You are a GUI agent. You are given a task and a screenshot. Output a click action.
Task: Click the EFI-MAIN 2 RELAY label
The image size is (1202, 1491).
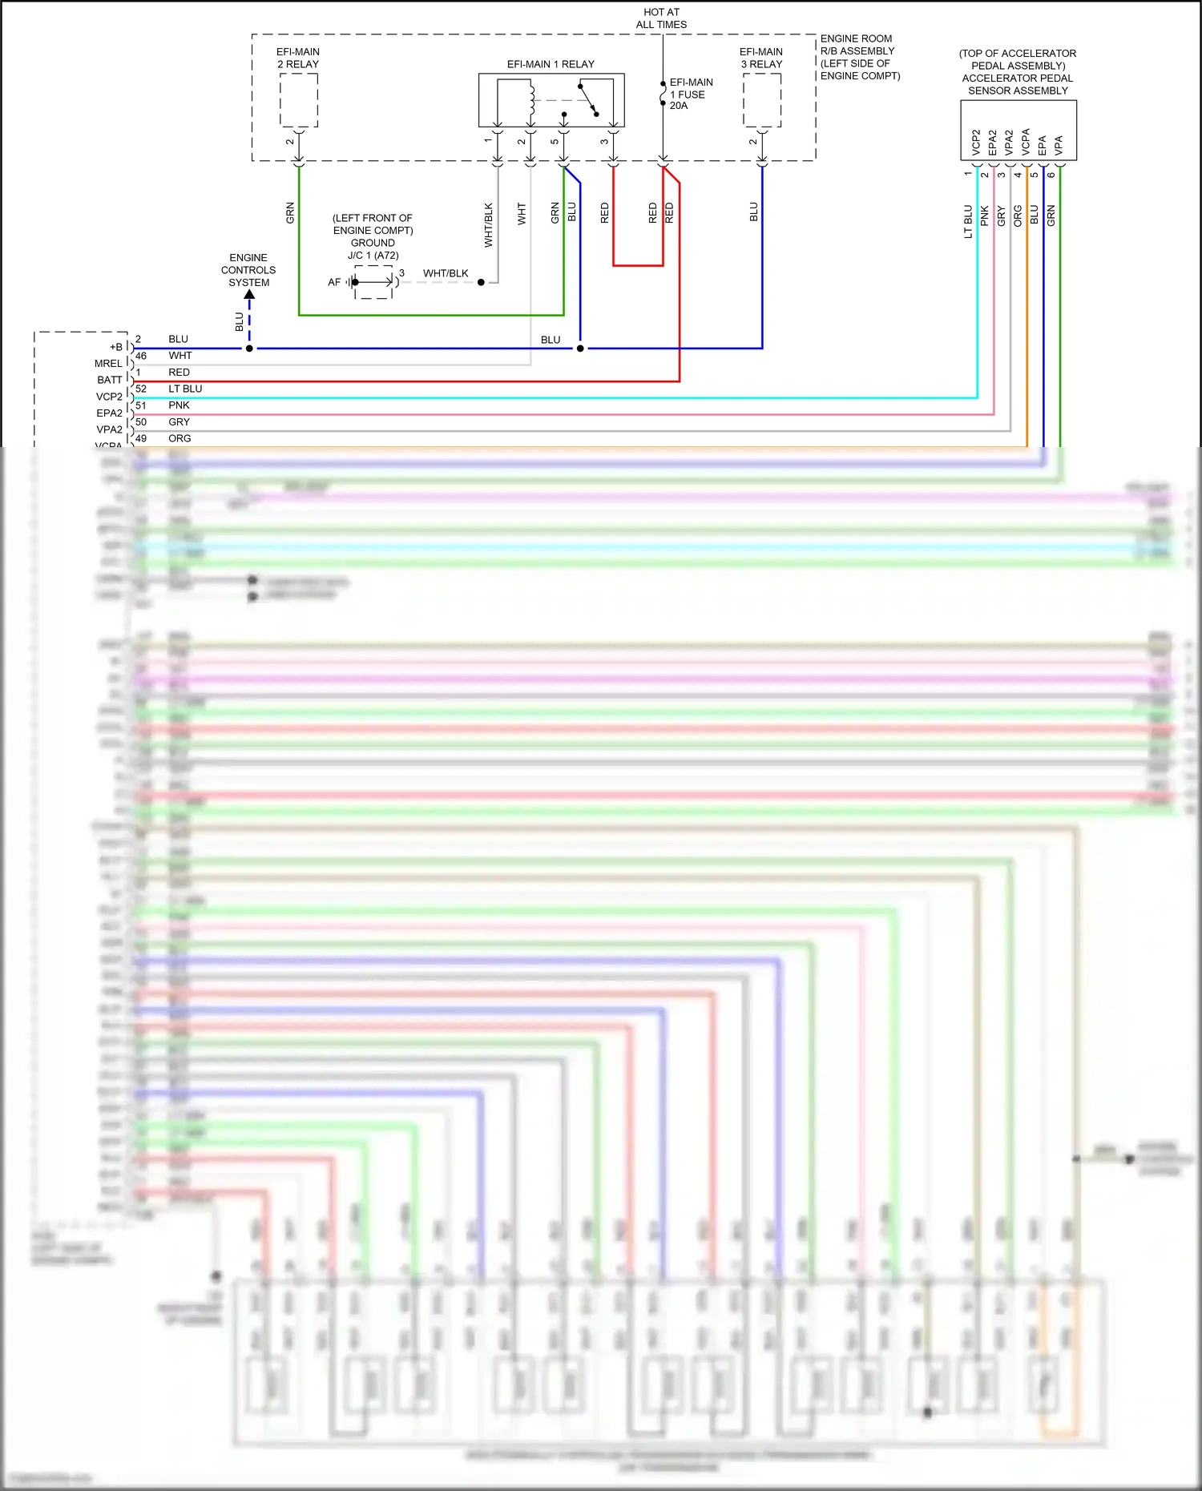pyautogui.click(x=298, y=58)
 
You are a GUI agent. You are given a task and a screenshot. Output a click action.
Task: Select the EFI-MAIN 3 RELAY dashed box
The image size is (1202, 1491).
pyautogui.click(x=761, y=100)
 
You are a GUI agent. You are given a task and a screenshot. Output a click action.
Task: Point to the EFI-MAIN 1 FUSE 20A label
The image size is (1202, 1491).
pyautogui.click(x=690, y=94)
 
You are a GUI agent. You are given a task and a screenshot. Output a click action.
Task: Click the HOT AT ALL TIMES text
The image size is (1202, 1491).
pyautogui.click(x=661, y=18)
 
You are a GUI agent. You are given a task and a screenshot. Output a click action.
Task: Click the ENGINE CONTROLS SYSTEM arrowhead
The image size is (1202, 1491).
pyautogui.click(x=249, y=295)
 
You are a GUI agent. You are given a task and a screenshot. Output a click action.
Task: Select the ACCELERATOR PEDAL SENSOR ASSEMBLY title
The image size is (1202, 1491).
pyautogui.click(x=1017, y=72)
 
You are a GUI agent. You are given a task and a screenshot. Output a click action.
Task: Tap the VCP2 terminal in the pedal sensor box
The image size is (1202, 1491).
pyautogui.click(x=975, y=142)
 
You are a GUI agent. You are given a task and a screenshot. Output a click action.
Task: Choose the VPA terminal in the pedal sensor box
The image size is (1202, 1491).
pyautogui.click(x=1059, y=144)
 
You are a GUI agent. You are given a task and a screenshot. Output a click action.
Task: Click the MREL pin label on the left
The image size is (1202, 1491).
pyautogui.click(x=108, y=364)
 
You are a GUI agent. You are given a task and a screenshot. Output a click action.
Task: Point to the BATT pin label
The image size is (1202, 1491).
pyautogui.click(x=110, y=380)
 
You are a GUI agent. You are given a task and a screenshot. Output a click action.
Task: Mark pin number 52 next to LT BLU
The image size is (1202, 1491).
pyautogui.click(x=141, y=389)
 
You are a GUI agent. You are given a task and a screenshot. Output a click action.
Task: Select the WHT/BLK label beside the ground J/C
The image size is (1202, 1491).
pyautogui.click(x=446, y=273)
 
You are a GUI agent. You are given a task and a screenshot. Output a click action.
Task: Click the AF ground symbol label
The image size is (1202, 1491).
pyautogui.click(x=334, y=282)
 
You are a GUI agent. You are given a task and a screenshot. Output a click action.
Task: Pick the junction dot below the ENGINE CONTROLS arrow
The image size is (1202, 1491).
pyautogui.click(x=249, y=349)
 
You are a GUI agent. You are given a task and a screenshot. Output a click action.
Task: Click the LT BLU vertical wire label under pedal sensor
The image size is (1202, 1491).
pyautogui.click(x=968, y=222)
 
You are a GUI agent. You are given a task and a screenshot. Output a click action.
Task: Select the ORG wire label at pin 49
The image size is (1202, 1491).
pyautogui.click(x=179, y=438)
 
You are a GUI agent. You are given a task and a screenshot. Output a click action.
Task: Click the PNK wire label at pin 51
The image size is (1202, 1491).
pyautogui.click(x=179, y=405)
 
